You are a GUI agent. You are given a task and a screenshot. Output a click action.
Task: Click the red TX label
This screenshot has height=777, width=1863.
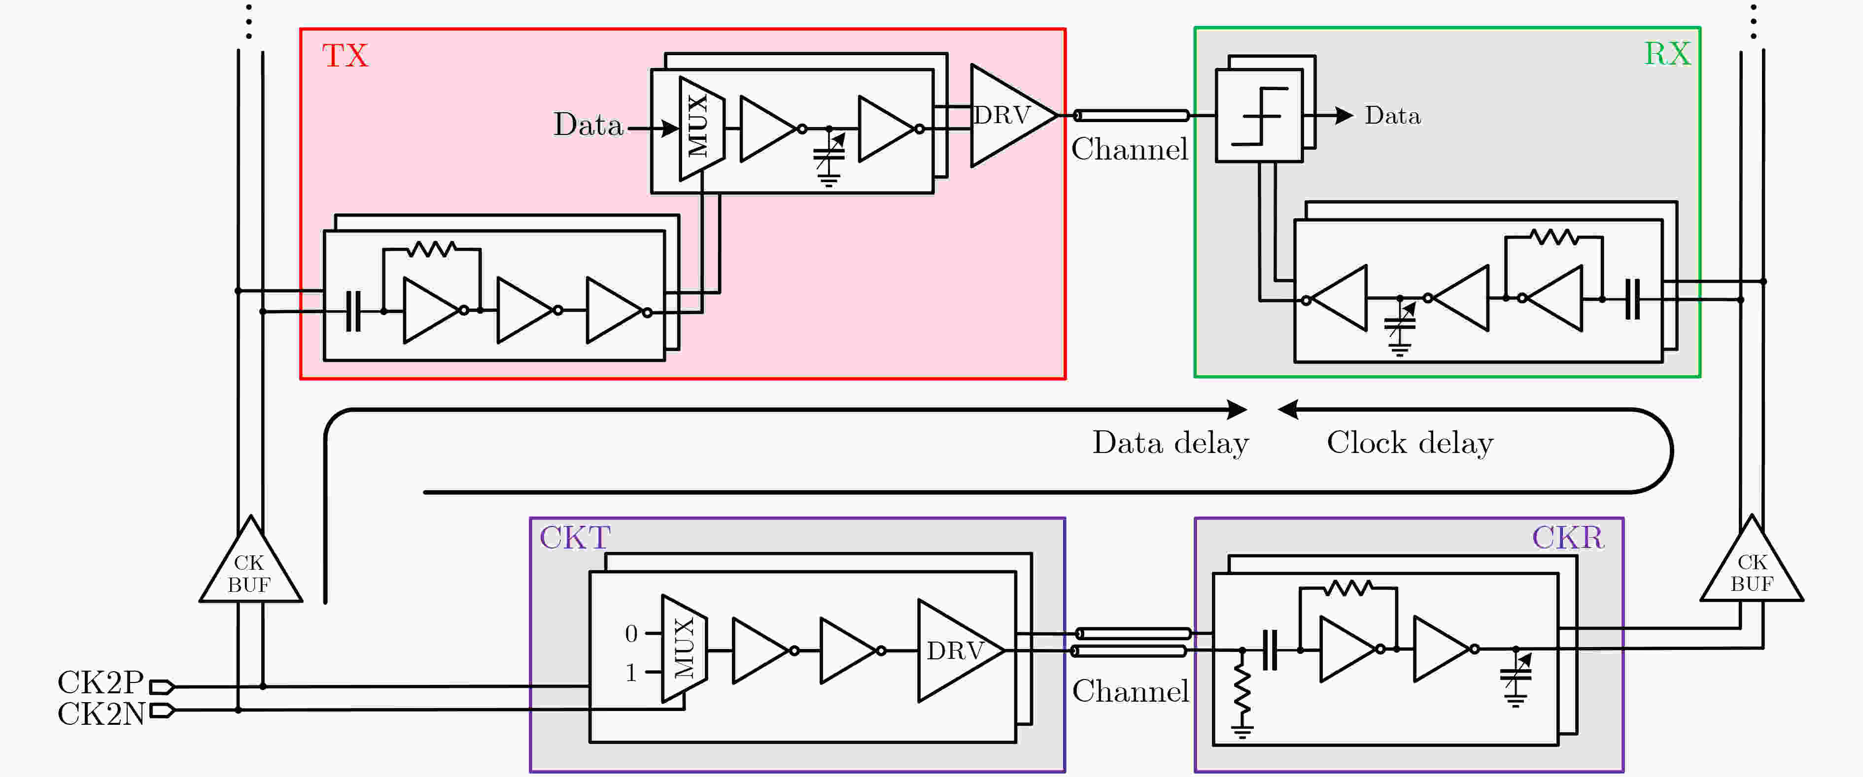pos(345,56)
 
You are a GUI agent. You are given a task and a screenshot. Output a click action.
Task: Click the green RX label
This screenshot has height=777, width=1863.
pos(1667,54)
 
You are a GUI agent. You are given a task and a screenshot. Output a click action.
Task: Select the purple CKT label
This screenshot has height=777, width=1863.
pos(575,538)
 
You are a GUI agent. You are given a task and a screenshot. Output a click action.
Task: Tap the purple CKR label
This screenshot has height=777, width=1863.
pos(1567,538)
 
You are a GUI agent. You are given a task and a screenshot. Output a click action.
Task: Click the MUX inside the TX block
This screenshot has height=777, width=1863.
pos(700,128)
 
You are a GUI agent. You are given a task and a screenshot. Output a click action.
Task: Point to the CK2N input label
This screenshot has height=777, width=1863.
pos(101,713)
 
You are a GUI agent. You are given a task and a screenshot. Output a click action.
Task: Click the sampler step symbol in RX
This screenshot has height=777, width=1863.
pos(1259,116)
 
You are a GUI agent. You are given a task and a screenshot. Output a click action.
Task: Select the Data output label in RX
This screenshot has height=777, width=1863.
pos(1392,116)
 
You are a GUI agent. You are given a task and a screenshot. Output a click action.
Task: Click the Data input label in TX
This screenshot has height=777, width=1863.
pos(588,125)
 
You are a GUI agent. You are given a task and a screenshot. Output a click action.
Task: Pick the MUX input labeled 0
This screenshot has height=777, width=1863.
pos(631,634)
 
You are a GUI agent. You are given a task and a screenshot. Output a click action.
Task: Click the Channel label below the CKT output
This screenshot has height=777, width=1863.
pos(1130,692)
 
